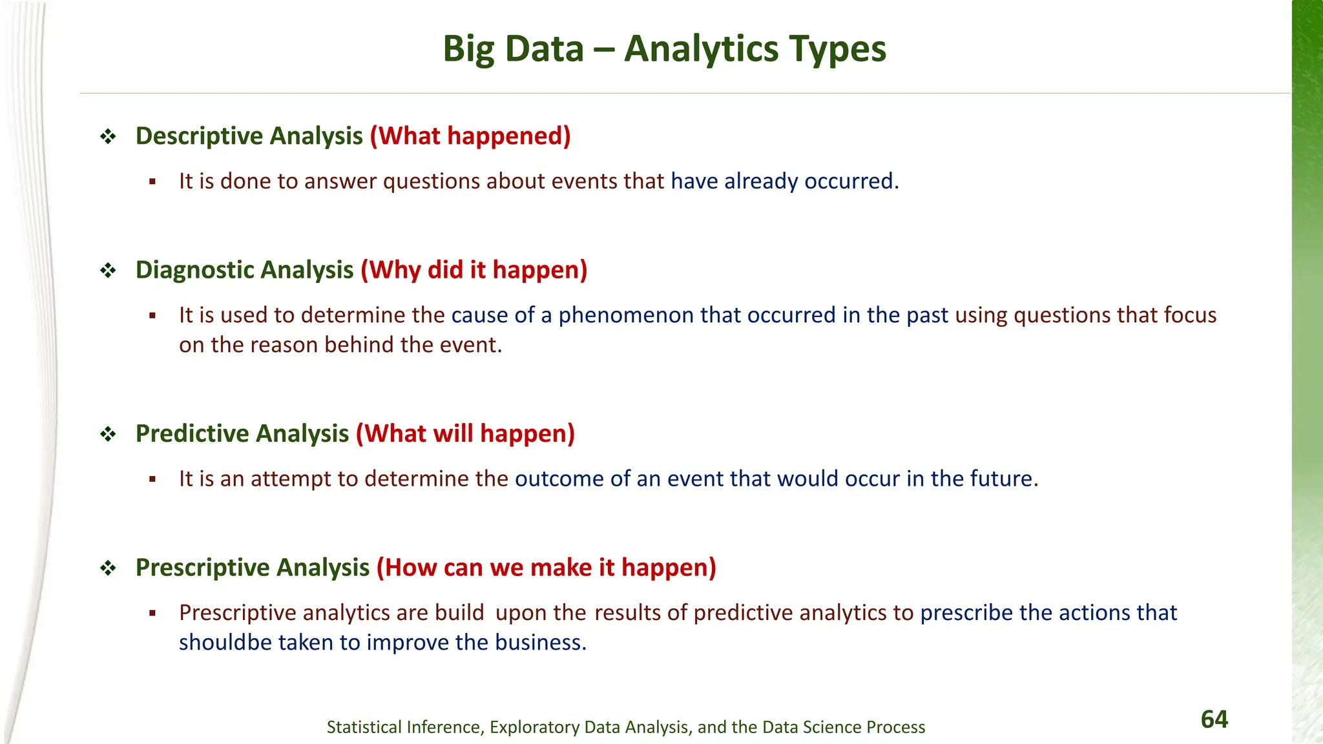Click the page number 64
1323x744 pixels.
[1214, 719]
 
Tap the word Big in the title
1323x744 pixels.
[469, 49]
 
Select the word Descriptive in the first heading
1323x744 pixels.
[199, 136]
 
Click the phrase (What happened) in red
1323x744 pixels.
[470, 136]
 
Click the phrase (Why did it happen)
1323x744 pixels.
[474, 270]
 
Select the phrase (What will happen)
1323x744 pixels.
[465, 433]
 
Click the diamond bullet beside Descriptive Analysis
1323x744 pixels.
[108, 137]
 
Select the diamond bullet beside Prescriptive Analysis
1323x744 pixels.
[108, 568]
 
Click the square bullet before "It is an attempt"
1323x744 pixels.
[152, 479]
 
